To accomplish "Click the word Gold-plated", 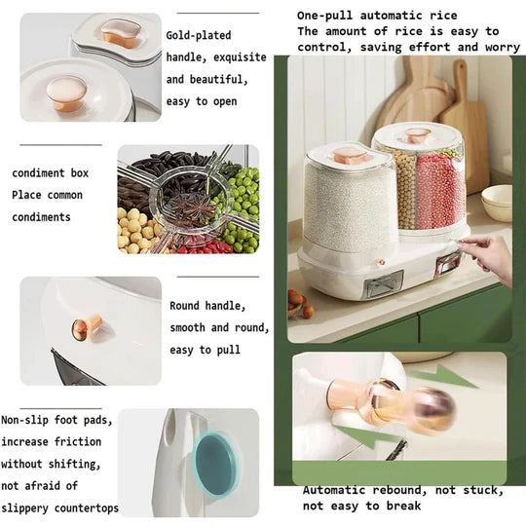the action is tap(199, 36).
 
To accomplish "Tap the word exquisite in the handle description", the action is tap(240, 57).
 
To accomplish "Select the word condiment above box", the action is tap(38, 173).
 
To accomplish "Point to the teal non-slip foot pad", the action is tap(215, 464).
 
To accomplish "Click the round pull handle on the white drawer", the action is tap(87, 327).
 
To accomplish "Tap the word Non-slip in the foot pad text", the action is tap(25, 420).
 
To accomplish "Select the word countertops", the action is tap(87, 508).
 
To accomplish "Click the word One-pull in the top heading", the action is tap(324, 16).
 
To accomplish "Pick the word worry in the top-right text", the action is tap(503, 47).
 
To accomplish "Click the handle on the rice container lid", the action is tap(351, 155).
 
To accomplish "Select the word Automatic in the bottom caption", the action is tap(334, 490).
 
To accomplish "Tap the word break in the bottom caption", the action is tap(403, 506).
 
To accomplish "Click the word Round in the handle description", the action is tap(184, 306).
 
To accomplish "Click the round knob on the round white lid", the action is tap(67, 93).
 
